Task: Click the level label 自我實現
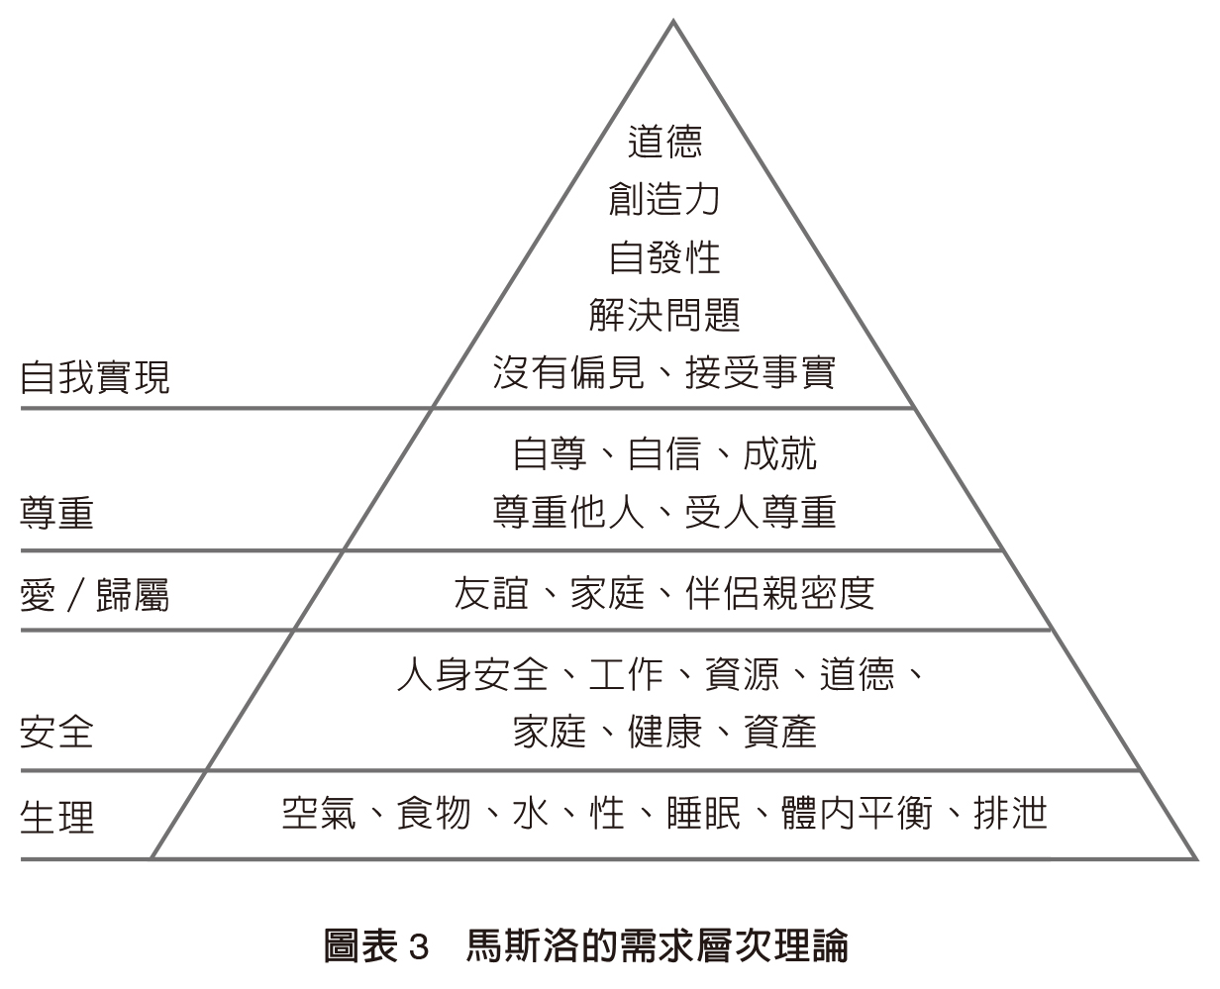click(x=95, y=377)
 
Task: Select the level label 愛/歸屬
click(x=95, y=595)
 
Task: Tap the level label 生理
click(x=57, y=817)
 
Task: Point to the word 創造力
click(x=664, y=199)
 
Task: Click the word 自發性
click(x=664, y=257)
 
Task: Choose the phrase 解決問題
click(x=664, y=316)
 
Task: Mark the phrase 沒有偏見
click(x=568, y=373)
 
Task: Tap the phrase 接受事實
click(x=761, y=373)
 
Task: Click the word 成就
click(x=779, y=453)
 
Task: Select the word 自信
click(x=664, y=453)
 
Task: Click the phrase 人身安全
click(x=472, y=674)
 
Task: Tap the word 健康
click(x=664, y=733)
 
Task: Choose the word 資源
click(x=741, y=674)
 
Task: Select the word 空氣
click(x=319, y=813)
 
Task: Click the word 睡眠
click(x=703, y=813)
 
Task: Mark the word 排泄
click(x=1009, y=813)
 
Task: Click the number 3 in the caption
click(x=417, y=946)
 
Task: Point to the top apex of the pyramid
click(x=673, y=22)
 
